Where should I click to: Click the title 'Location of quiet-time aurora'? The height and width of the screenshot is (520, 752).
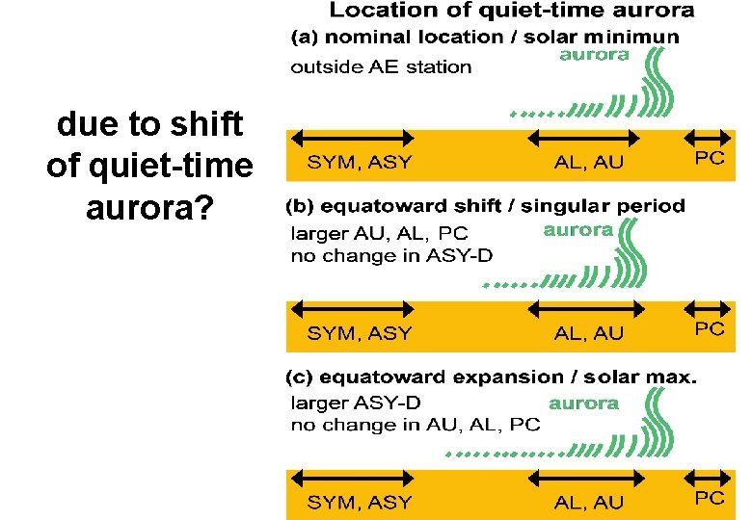[512, 12]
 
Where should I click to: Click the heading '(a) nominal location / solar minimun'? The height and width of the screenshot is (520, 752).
[485, 37]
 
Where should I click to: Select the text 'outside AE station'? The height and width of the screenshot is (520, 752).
[381, 67]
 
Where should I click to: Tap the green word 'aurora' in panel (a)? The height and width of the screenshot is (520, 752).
[594, 55]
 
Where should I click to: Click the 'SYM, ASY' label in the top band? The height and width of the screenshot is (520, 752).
[359, 163]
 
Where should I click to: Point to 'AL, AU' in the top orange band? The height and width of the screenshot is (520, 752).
[589, 163]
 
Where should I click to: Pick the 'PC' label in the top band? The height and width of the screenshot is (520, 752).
[710, 159]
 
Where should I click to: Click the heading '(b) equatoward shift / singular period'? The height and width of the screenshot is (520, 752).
[486, 206]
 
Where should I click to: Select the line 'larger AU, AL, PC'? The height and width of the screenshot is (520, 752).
[379, 232]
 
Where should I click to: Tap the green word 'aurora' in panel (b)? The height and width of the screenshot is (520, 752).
[577, 230]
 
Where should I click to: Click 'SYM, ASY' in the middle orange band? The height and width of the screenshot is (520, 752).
[359, 333]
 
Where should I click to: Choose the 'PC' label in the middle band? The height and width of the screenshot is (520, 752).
[710, 328]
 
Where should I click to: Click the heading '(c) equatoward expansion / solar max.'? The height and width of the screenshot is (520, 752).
[491, 377]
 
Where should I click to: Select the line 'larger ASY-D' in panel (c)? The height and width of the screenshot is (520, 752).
[356, 403]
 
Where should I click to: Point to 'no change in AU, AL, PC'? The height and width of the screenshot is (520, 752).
[415, 425]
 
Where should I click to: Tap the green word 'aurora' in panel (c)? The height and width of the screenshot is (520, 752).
[583, 403]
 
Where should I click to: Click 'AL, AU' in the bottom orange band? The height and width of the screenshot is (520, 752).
[589, 502]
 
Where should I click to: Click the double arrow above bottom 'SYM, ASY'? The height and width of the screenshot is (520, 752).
[351, 478]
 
